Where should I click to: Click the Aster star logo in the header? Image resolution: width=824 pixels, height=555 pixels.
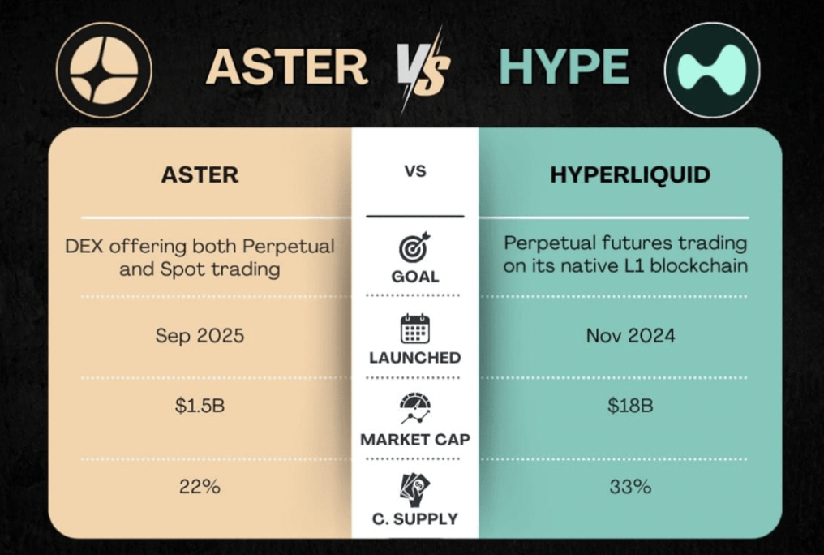(103, 71)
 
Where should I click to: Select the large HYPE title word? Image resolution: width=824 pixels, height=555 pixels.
(564, 67)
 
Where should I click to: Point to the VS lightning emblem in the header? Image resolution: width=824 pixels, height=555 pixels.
(424, 70)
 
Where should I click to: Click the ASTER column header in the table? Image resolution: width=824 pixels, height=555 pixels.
(200, 174)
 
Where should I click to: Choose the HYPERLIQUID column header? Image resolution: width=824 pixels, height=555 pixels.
(629, 174)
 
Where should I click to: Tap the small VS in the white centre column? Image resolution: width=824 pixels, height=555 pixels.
(414, 172)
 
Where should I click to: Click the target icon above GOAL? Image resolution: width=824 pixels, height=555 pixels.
(414, 247)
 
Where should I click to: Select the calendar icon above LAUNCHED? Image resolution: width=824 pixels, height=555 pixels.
(414, 329)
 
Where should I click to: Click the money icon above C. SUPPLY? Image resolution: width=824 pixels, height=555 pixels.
(414, 488)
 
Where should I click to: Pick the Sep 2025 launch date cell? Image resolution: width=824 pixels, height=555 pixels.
(200, 335)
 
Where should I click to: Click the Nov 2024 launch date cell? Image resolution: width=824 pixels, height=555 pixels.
(630, 335)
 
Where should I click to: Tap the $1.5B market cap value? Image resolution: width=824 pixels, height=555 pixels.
(200, 406)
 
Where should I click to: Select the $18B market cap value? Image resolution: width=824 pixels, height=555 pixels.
(630, 406)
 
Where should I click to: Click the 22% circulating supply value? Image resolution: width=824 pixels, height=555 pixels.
(200, 487)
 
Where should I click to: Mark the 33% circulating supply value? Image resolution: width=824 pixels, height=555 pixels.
(630, 487)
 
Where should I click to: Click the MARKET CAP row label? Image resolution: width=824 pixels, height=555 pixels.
(414, 440)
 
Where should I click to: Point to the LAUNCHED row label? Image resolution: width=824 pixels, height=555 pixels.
(414, 357)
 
